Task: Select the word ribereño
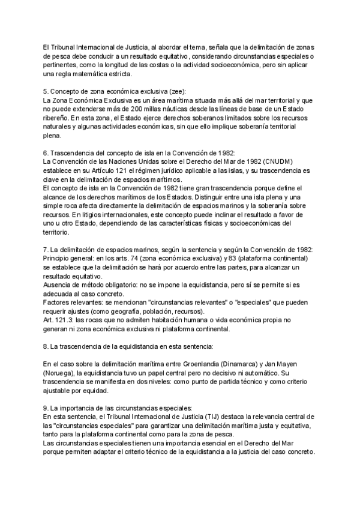click(x=58, y=119)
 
